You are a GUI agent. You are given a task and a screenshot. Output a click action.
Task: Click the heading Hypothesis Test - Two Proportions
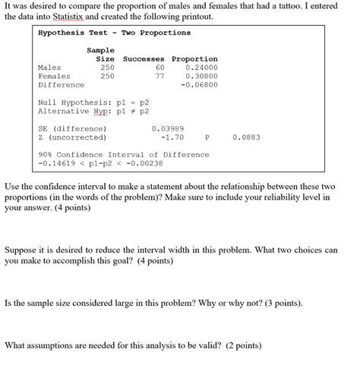click(x=114, y=33)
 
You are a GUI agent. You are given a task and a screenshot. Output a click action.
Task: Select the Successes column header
click(x=144, y=58)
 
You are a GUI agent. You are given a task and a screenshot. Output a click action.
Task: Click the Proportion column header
click(x=194, y=58)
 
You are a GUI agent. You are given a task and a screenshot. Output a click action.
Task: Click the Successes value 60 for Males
click(x=159, y=68)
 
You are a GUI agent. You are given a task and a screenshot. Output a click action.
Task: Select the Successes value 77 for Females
click(x=159, y=76)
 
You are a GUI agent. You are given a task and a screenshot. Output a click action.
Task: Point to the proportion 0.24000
click(x=201, y=68)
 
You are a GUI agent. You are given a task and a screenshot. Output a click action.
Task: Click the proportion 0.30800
click(x=201, y=76)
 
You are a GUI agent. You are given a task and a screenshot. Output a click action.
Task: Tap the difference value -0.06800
click(x=199, y=85)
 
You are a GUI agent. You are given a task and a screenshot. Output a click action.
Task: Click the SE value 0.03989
click(x=168, y=128)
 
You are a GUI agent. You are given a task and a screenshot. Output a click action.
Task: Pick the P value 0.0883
click(x=246, y=137)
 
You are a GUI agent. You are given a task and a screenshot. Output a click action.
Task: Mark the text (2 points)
click(x=241, y=345)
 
